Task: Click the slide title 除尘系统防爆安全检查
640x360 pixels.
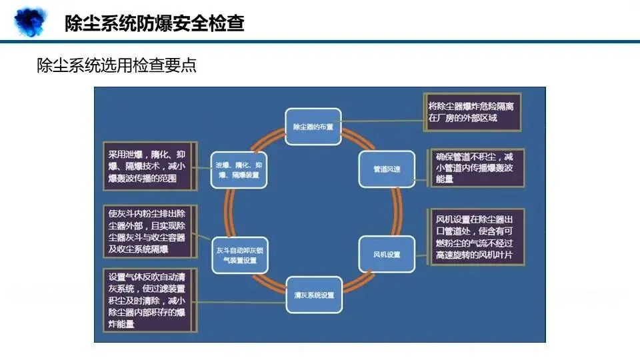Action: (x=154, y=24)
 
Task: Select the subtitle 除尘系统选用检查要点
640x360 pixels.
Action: (x=117, y=66)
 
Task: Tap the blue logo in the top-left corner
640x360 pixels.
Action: (x=29, y=21)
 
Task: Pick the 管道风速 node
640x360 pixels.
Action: (x=386, y=169)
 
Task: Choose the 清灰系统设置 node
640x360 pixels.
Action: (x=313, y=294)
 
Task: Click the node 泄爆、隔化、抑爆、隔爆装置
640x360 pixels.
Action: (x=238, y=169)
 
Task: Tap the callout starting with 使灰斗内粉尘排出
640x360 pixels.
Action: (x=148, y=231)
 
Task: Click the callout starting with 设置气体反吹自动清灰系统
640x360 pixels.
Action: (x=148, y=300)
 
